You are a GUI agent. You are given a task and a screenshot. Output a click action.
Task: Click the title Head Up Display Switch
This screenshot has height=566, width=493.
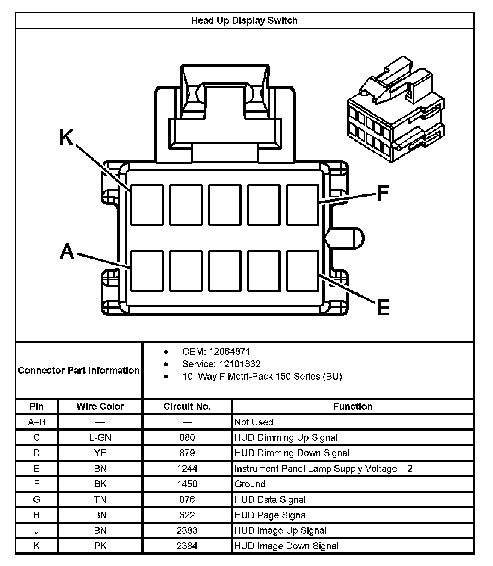[x=244, y=20]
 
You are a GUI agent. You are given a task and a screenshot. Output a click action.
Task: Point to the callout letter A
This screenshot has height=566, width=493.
[x=67, y=251]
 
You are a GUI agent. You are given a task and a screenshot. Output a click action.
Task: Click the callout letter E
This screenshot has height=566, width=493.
[x=383, y=307]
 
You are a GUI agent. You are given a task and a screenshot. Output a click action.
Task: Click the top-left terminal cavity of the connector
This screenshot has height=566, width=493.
[x=147, y=205]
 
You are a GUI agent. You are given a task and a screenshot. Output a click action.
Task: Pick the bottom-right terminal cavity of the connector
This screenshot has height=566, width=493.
[x=302, y=271]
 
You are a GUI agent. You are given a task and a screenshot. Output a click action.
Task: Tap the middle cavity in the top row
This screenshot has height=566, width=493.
[x=225, y=205]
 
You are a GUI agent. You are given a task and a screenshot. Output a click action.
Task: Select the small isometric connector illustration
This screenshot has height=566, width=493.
[x=396, y=109]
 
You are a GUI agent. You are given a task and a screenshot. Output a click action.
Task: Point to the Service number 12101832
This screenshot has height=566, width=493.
[x=240, y=364]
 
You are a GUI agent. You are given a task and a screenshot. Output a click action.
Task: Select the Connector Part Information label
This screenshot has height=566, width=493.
[x=79, y=370]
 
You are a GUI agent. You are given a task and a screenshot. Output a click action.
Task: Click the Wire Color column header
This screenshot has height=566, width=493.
[x=100, y=406]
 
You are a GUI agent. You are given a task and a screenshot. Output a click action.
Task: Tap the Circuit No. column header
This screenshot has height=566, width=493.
[x=187, y=406]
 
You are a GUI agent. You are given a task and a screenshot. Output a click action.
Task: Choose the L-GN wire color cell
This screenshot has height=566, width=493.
[x=100, y=437]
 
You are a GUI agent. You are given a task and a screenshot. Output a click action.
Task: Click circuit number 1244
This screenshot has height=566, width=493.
[x=187, y=469]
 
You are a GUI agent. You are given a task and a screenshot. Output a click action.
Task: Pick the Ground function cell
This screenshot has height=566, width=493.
[x=250, y=484]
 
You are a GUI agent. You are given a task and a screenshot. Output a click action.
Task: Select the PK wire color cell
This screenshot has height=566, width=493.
[x=100, y=546]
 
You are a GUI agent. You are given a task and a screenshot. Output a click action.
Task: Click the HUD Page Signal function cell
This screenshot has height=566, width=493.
[x=271, y=515]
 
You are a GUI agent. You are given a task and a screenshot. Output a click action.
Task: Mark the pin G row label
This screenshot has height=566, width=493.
[x=36, y=499]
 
